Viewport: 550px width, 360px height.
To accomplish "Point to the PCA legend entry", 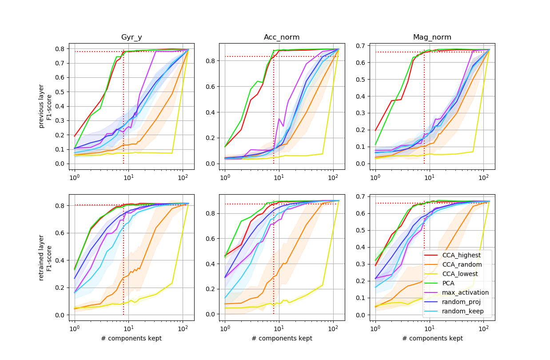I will (x=449, y=283).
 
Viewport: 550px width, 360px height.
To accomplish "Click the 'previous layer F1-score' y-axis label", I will (x=45, y=106).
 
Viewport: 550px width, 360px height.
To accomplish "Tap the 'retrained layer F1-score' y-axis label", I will (x=45, y=257).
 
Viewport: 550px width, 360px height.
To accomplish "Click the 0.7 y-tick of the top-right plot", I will (x=361, y=46).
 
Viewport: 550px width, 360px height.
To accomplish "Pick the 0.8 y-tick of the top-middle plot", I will (x=211, y=61).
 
